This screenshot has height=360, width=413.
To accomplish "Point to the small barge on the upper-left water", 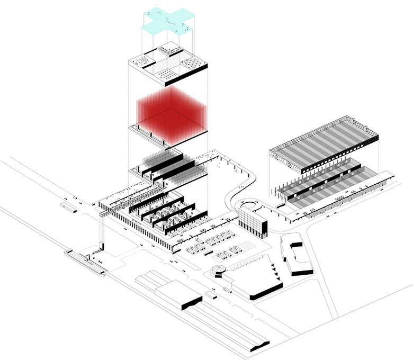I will point(68,207).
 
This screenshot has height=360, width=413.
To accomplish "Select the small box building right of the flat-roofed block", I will point(211,295).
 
